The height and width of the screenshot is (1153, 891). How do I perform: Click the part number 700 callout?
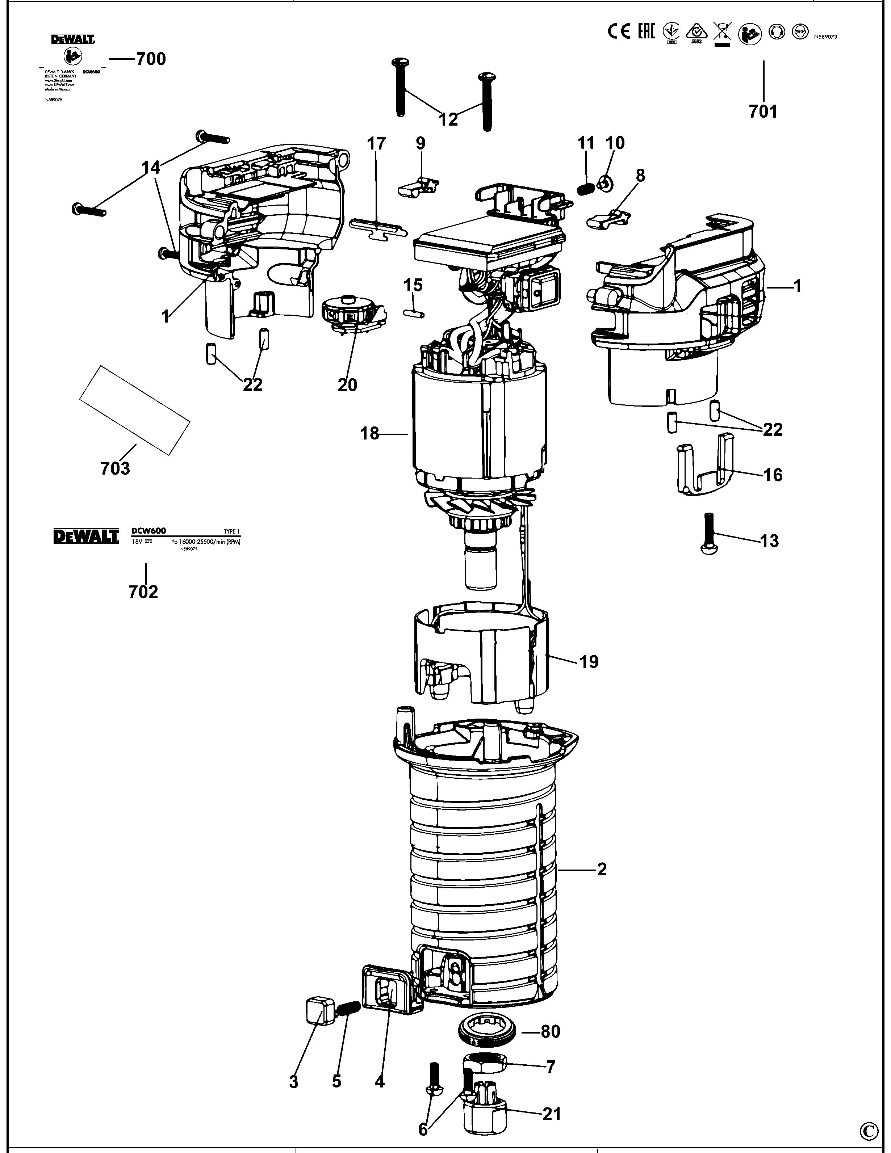[151, 59]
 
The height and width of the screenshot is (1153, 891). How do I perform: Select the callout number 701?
[763, 111]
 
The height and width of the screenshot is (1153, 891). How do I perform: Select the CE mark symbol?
[619, 32]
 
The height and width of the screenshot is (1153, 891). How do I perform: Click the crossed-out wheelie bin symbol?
[722, 33]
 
